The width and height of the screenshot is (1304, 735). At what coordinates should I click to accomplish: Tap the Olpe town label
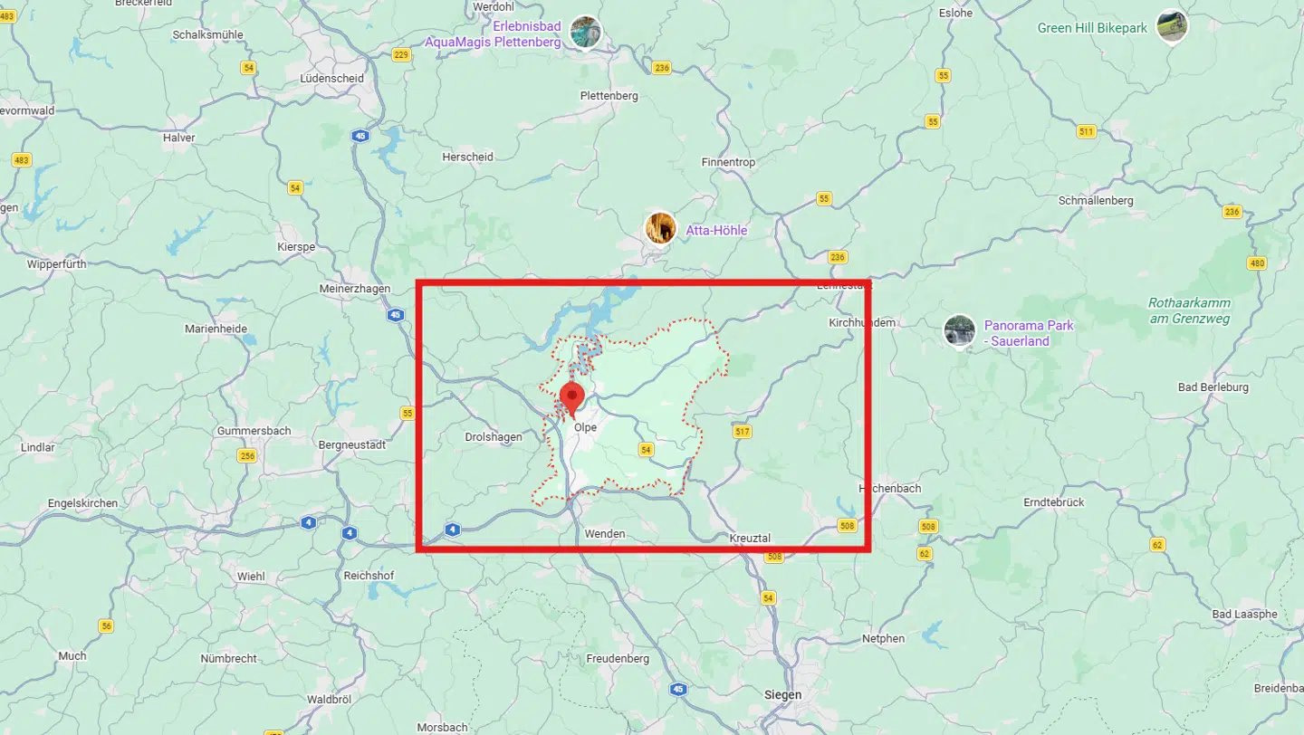pos(586,428)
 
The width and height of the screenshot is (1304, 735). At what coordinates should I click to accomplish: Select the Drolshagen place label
pos(493,437)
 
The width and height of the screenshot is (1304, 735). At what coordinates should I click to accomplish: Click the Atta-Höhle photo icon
pos(660,229)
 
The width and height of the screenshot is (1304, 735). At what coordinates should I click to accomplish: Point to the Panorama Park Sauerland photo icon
pos(959,331)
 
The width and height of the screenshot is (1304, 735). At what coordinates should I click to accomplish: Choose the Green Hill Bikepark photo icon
pos(1172,26)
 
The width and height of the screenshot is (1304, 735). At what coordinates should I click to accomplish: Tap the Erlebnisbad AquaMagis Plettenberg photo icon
pos(585,33)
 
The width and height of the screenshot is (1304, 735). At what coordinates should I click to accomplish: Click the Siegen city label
pos(783,695)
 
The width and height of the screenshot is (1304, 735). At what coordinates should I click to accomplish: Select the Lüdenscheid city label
pos(331,79)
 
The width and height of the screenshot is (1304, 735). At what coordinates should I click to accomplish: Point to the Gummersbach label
pos(254,431)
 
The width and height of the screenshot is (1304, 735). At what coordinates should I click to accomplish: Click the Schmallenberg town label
pos(1097,200)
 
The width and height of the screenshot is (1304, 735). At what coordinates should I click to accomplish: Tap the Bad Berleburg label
pos(1213,387)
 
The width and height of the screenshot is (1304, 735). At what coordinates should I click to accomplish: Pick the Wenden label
pos(605,534)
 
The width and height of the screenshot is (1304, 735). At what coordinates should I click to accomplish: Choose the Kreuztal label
pos(750,539)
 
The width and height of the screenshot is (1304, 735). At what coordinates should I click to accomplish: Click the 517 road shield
pos(743,432)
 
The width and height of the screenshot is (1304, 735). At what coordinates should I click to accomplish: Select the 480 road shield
pos(1256,263)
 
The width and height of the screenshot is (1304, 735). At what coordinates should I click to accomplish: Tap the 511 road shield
pos(1086,132)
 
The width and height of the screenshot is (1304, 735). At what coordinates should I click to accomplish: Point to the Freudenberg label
pos(618,659)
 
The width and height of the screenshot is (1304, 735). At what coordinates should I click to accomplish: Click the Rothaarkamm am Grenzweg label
pos(1190,310)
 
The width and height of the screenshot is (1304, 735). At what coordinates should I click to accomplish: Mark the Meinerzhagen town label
pos(354,289)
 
